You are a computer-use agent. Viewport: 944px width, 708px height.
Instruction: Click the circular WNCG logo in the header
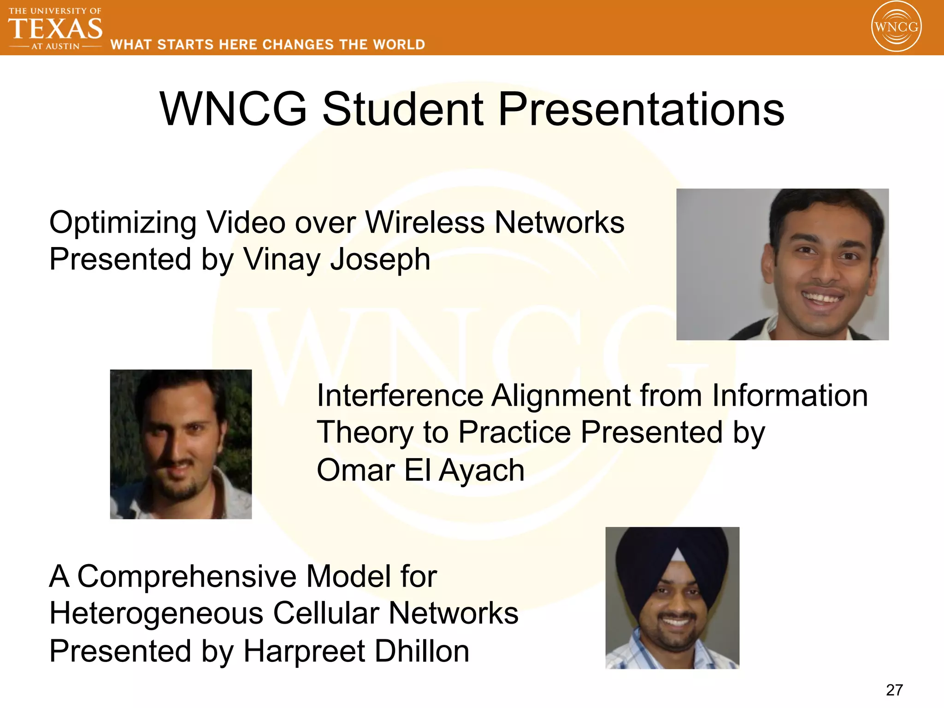896,27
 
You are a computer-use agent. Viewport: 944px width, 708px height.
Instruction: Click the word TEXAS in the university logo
55,29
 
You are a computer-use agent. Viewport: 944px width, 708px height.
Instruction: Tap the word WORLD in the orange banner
399,45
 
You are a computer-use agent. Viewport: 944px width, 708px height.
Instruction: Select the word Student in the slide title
403,109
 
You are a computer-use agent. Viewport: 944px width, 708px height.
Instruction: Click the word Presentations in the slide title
641,109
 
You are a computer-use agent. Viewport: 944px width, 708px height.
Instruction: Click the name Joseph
380,260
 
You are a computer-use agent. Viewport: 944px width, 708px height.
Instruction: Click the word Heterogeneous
156,614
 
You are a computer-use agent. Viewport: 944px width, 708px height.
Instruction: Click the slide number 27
894,690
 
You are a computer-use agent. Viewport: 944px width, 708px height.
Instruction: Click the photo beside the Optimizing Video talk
782,264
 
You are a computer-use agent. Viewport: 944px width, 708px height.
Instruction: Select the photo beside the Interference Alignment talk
181,444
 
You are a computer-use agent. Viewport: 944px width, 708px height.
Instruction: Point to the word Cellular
326,614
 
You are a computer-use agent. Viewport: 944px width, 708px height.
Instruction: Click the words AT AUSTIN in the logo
55,46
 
